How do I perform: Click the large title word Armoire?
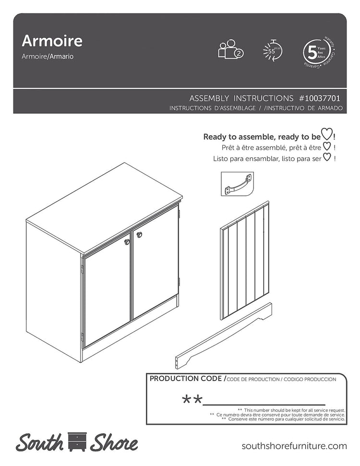[52, 41]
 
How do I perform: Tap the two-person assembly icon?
[230, 50]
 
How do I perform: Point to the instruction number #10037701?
[320, 98]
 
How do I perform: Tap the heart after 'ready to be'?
[326, 136]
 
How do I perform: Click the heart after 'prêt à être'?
[326, 146]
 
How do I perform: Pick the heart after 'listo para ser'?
[326, 157]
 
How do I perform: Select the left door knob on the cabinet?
[127, 242]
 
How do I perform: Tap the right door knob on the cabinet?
[139, 235]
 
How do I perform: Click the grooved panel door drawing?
[245, 262]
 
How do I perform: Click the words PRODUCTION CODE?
[185, 379]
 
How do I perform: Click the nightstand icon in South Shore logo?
[77, 442]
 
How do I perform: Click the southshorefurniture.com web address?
[294, 446]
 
